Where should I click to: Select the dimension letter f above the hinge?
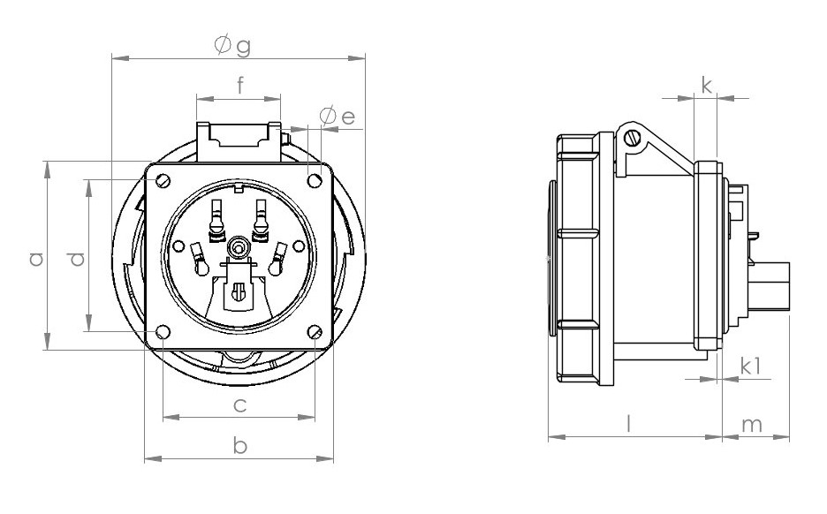(239, 86)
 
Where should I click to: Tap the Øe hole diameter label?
(338, 117)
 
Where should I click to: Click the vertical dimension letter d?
(77, 258)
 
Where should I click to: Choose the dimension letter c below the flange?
(239, 405)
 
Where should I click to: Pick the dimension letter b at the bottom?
(239, 446)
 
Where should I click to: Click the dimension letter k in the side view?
(706, 86)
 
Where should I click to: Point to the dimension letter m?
(751, 425)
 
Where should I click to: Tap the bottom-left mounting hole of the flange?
(163, 332)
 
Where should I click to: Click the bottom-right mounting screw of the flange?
(315, 332)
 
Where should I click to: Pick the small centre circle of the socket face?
(238, 244)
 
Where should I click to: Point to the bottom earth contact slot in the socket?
(238, 291)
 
